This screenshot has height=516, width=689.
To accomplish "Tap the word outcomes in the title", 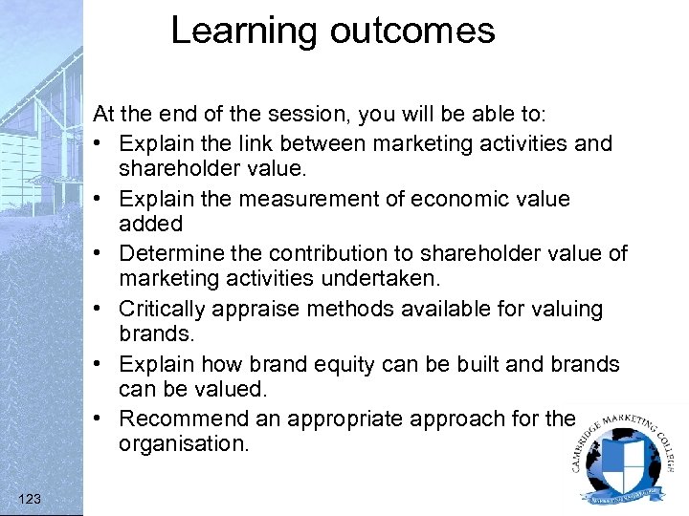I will [412, 32].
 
